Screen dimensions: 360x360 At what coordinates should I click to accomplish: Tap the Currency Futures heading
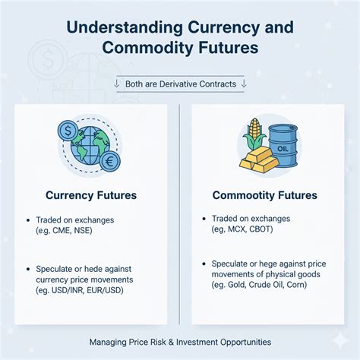click(91, 195)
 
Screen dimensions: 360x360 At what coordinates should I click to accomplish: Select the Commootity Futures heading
click(264, 195)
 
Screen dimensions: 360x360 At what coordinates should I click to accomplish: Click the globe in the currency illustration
click(86, 145)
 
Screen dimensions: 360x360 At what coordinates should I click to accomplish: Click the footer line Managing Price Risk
click(179, 343)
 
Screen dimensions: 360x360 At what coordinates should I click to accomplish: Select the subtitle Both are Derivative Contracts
click(180, 84)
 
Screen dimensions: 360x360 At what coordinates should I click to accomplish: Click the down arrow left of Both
click(116, 84)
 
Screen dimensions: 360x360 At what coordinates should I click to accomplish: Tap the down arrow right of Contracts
click(243, 84)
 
